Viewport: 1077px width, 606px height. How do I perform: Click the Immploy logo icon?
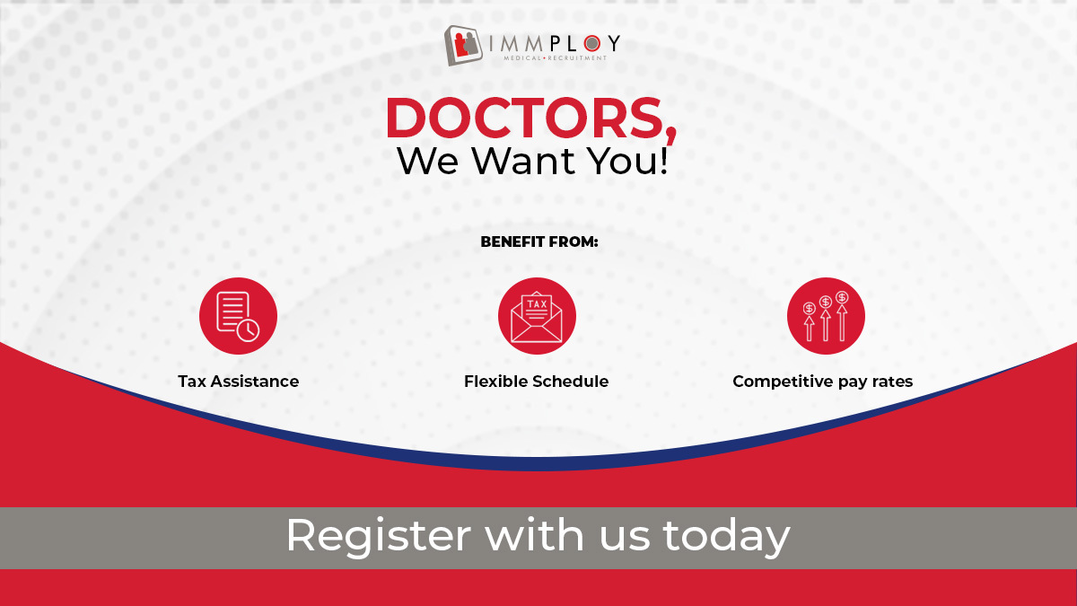tap(466, 46)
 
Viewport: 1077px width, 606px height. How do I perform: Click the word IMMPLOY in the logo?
tap(555, 42)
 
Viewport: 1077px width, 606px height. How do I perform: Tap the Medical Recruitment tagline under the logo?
tap(555, 58)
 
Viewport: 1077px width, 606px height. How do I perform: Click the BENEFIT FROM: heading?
tap(538, 242)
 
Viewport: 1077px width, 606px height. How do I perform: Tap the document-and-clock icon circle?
tap(238, 316)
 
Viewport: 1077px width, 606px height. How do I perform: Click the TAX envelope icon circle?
tap(537, 316)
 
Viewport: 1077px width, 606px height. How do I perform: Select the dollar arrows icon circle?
tap(826, 316)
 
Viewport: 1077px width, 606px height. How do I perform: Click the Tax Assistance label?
tap(238, 382)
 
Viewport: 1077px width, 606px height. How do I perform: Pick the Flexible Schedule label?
tap(536, 382)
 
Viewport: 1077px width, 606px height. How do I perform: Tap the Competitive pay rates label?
tap(822, 382)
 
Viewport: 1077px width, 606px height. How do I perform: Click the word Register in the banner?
tap(378, 536)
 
